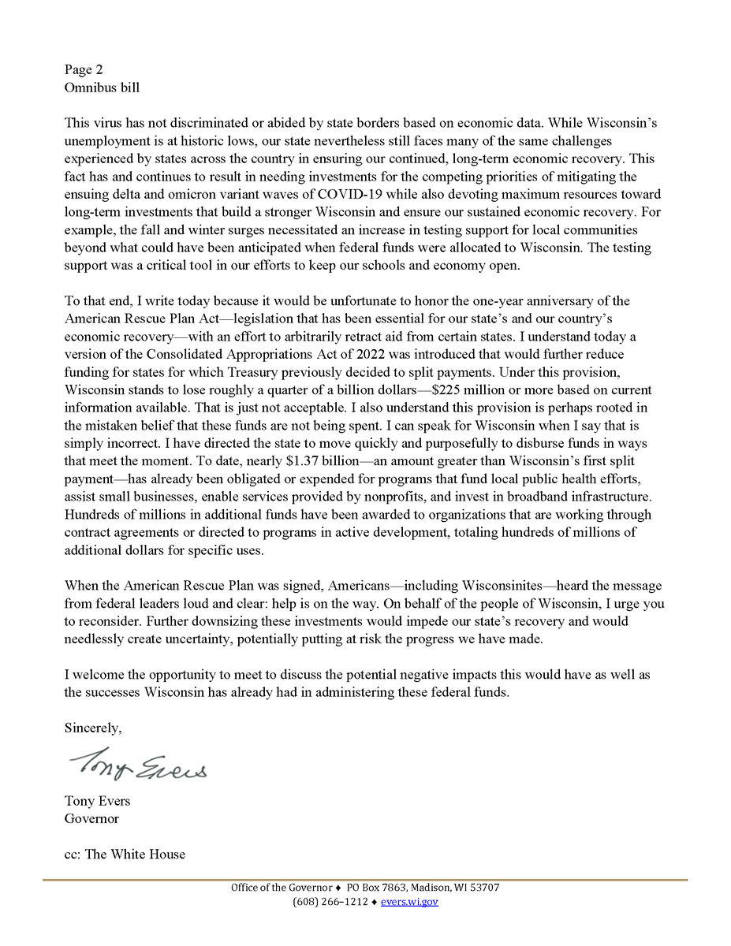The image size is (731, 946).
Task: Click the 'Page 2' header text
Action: (84, 69)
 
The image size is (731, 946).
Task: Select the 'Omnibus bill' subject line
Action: (102, 88)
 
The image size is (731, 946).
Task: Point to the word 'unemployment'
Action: (105, 141)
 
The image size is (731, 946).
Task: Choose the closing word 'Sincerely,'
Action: (93, 728)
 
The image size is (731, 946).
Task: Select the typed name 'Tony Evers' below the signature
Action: (98, 801)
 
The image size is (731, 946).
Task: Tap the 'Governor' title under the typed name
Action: (91, 818)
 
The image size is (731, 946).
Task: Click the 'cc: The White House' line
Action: (125, 854)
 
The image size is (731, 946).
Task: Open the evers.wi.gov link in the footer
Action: (409, 902)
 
